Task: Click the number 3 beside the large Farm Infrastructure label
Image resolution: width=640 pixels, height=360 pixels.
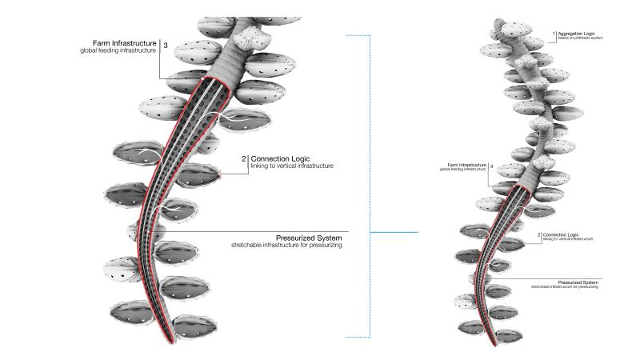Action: tap(165, 46)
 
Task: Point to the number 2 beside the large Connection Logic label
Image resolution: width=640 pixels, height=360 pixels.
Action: tap(242, 158)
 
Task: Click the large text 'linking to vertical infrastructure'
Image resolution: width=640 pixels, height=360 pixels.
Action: tap(292, 166)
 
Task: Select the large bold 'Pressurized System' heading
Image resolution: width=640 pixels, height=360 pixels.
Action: tap(320, 238)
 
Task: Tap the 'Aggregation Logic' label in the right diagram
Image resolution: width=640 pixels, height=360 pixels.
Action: tap(580, 33)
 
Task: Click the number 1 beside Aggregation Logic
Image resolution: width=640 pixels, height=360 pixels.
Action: tap(554, 34)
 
